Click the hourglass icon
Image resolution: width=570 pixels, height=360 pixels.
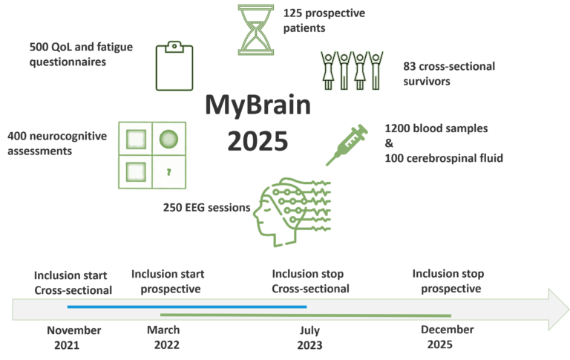(256, 30)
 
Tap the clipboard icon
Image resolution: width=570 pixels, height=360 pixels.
(174, 66)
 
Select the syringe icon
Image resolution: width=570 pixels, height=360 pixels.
(347, 145)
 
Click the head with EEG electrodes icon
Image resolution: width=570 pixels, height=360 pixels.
(292, 212)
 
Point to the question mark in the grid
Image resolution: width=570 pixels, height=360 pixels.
(168, 172)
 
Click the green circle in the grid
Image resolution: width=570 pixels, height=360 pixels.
(168, 140)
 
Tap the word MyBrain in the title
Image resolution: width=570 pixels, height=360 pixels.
(258, 105)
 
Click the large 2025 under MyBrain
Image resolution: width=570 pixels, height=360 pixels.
(258, 141)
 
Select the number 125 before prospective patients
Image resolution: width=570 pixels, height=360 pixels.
(292, 13)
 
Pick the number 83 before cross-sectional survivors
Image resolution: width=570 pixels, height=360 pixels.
(410, 67)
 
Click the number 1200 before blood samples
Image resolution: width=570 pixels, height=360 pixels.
(397, 128)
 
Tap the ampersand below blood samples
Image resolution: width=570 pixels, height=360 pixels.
(389, 143)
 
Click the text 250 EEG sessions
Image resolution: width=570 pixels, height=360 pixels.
(206, 208)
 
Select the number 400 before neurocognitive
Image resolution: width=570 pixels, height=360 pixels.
(17, 136)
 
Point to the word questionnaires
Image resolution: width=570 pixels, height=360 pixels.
(68, 62)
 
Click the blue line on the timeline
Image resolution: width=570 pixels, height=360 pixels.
(187, 307)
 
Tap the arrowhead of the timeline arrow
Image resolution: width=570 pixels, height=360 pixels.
(559, 310)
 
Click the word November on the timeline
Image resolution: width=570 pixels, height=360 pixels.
(74, 330)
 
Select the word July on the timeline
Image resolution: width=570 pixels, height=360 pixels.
(309, 330)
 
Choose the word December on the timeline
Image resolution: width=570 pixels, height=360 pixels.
(447, 330)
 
